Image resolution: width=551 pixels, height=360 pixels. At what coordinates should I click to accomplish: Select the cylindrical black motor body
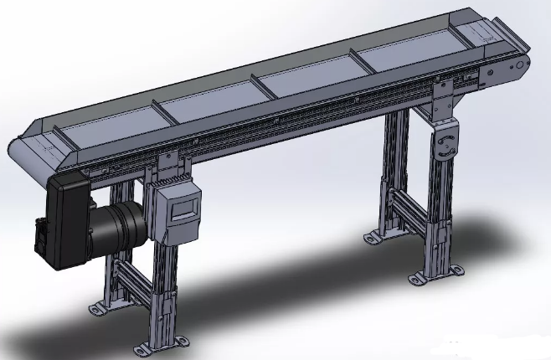pos(126,228)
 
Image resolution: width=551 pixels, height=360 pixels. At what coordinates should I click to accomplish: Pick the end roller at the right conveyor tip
pos(521,65)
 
